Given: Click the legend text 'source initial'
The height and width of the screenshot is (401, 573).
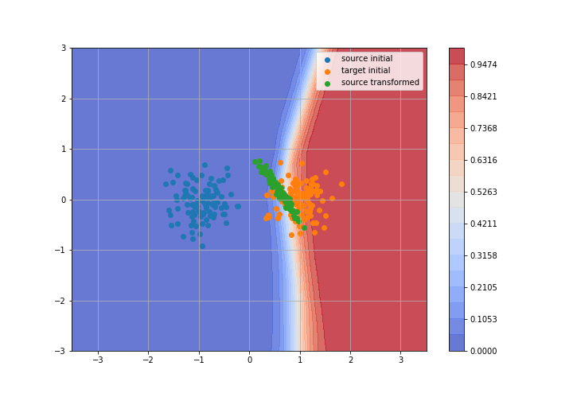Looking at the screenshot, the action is coord(367,58).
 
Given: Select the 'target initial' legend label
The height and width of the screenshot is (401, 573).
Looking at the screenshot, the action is coord(365,71).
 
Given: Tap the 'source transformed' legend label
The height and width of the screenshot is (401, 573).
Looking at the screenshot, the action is coord(380,83).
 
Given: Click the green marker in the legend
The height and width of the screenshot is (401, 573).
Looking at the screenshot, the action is coord(327,84).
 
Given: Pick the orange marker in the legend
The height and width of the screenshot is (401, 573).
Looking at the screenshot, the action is coord(327,72).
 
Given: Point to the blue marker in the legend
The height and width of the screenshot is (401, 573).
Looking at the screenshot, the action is coord(327,60).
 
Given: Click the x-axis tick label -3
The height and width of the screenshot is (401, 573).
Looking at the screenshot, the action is coord(98,360).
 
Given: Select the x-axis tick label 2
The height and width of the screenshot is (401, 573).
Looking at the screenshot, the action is coord(351,360).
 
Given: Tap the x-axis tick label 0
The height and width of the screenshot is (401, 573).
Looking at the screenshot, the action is coord(250,360).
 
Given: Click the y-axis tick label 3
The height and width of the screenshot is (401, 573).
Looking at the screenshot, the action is coord(64,48).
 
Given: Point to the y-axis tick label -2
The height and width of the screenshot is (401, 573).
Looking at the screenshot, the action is coord(60,301).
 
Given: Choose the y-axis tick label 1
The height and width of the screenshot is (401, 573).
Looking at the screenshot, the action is coord(64,149).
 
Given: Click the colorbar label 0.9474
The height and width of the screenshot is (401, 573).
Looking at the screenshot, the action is coord(484,64).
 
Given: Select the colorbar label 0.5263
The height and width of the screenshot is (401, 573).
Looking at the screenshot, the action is coord(484,192).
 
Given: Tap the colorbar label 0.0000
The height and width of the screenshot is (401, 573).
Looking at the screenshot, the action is coord(484,351).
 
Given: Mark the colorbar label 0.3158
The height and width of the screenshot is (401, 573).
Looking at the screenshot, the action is coord(484,255).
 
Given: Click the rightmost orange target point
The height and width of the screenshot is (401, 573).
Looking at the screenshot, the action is coord(341,184).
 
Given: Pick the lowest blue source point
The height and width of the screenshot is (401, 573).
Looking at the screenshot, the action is coord(202,246).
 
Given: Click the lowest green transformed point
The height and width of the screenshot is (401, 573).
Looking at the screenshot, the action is coord(304,228).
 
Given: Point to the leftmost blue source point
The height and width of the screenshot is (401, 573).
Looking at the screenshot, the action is coord(166,184).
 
